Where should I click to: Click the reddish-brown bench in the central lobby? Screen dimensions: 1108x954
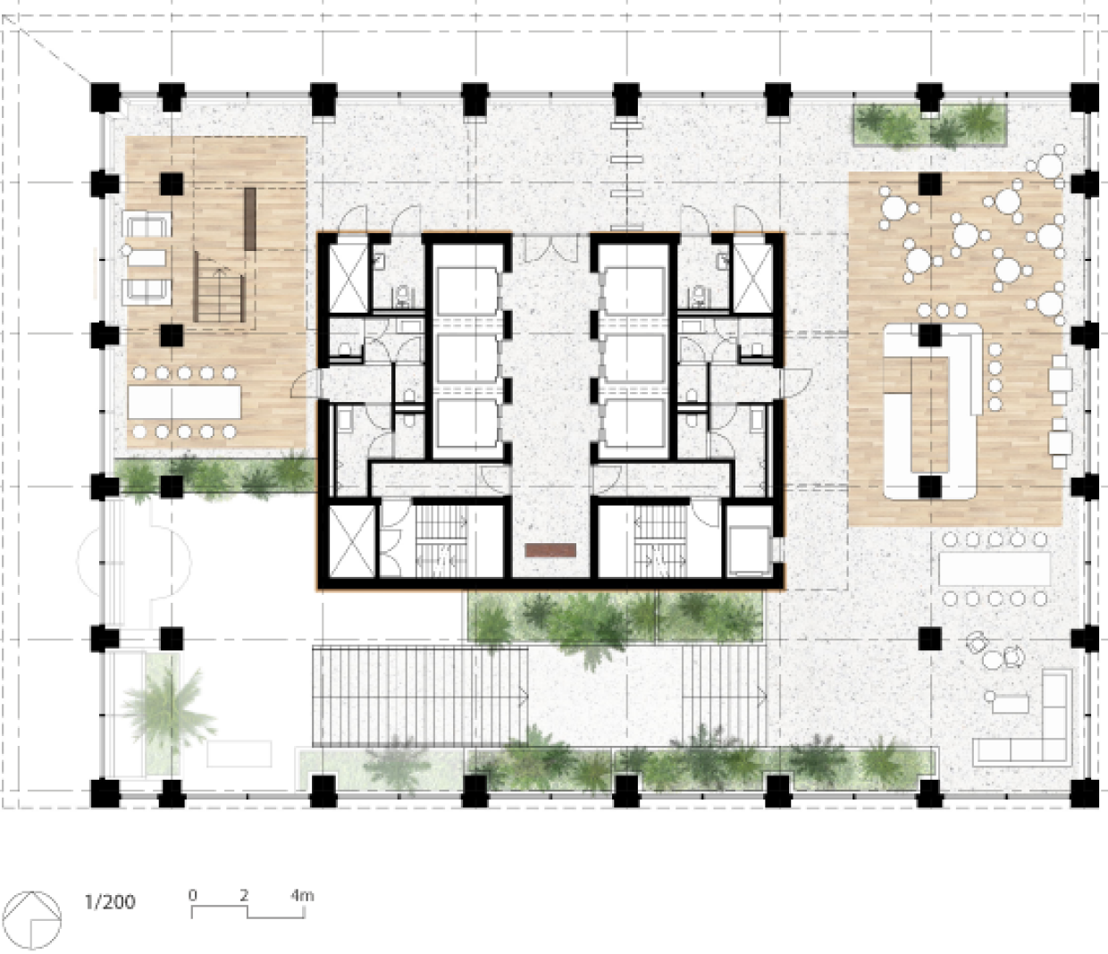tap(550, 550)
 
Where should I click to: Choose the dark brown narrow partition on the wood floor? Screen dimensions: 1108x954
tap(250, 219)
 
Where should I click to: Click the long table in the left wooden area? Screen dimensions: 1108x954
tap(184, 402)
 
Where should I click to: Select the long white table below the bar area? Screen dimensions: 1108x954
tap(995, 569)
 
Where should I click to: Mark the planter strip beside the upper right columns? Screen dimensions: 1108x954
tap(930, 124)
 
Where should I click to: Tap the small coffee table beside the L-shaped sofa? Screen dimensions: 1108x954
tap(1010, 703)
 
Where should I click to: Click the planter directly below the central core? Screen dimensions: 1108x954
tap(616, 616)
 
